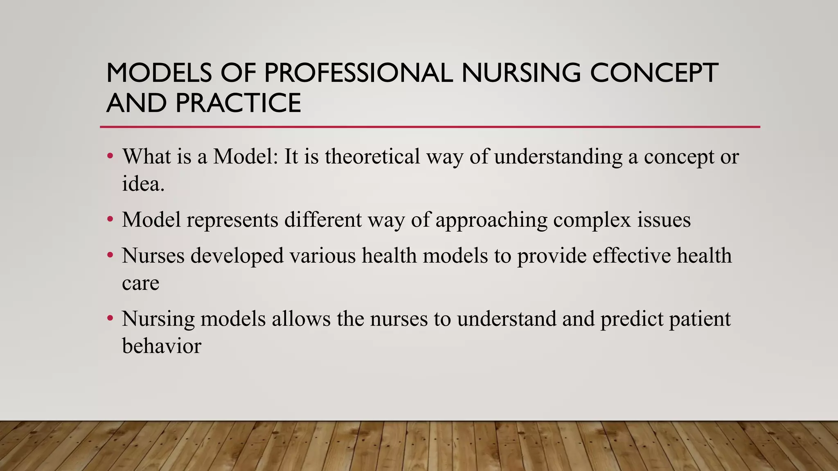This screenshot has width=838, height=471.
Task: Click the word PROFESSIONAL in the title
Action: coord(358,73)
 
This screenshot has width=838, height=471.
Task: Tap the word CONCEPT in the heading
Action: coord(653,73)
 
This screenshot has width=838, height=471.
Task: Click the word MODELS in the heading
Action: coord(159,73)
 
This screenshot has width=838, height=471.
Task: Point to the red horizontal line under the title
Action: coord(430,127)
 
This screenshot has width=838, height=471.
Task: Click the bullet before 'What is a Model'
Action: coord(110,156)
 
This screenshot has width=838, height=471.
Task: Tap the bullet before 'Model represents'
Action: coord(110,220)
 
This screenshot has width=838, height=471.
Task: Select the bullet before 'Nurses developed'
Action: coord(110,256)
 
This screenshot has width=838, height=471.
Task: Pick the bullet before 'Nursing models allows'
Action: coord(110,318)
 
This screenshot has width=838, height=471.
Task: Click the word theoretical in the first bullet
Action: coord(372,156)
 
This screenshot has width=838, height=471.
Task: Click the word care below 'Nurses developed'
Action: coord(140,283)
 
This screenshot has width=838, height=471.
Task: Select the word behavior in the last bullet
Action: coord(162,346)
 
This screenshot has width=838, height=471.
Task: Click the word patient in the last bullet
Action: coord(700,319)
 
